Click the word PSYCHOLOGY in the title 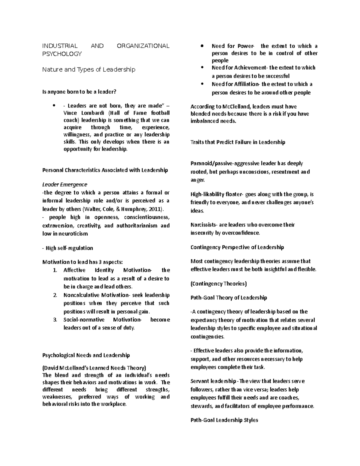pos(62,54)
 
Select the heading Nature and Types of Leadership pos(88,70)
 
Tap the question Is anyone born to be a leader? pos(79,92)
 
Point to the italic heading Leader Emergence pos(64,185)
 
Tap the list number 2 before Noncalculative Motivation pos(55,295)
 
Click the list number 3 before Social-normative pos(55,320)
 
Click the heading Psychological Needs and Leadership pos(86,355)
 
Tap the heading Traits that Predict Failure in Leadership pos(238,142)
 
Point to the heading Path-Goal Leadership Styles pos(224,420)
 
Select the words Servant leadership pos(213,381)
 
